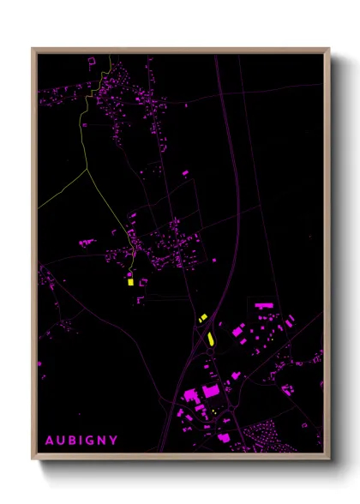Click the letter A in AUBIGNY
tap(49, 441)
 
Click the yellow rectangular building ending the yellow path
tap(130, 279)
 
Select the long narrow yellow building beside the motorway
tap(209, 337)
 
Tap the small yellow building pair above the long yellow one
tap(203, 318)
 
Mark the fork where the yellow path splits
tap(87, 168)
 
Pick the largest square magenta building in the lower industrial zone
tap(211, 392)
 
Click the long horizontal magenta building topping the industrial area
tap(261, 304)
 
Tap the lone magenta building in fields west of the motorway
tap(185, 172)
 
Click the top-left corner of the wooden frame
tap(33, 49)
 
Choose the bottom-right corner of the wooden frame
tap(329, 459)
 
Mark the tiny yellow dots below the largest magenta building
tap(213, 409)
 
